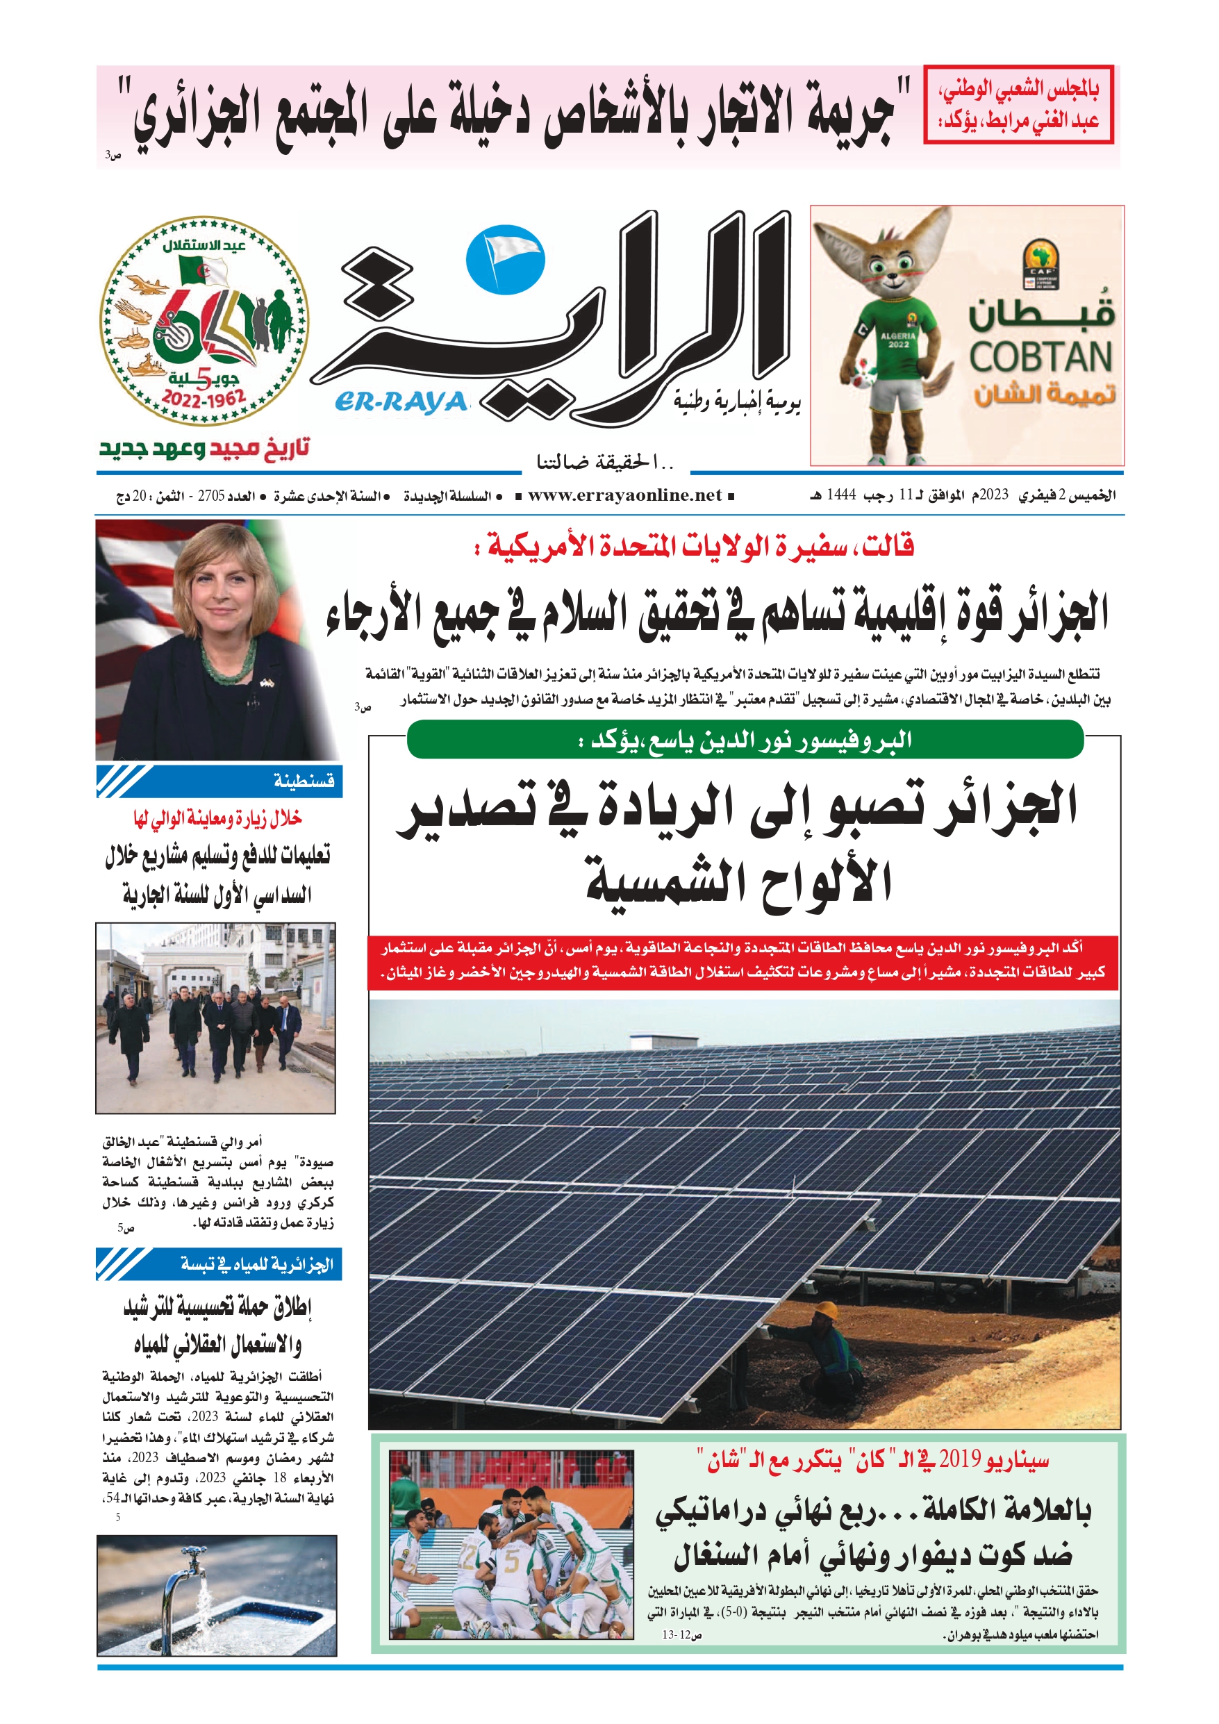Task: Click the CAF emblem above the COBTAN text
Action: pos(1040,263)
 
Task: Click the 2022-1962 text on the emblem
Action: pos(204,398)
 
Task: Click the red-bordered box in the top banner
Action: pos(1018,105)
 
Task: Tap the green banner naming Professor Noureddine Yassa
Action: pos(745,740)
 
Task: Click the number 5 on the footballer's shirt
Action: pos(511,1563)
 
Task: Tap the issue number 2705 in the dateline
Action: pos(211,497)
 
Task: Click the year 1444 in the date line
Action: pos(841,495)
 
